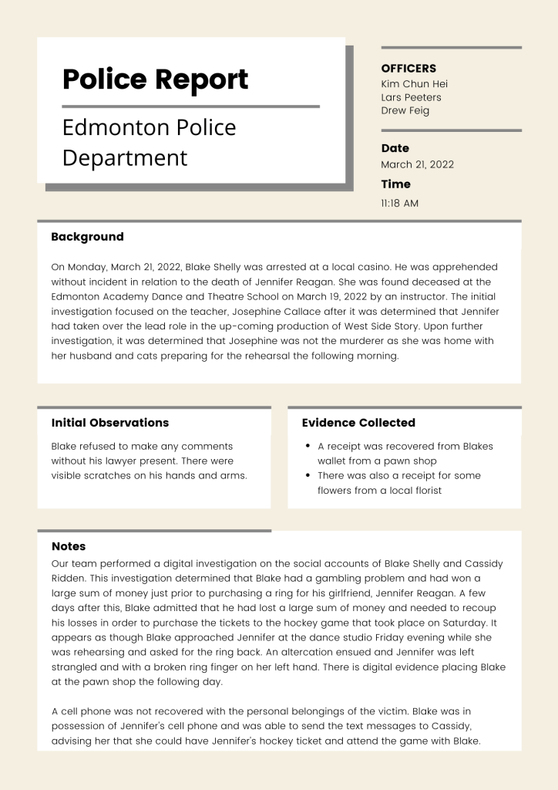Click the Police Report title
click(x=155, y=79)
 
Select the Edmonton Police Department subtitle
click(x=149, y=142)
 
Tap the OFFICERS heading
click(x=408, y=69)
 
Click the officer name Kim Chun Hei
click(x=414, y=83)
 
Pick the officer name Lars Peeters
click(x=411, y=97)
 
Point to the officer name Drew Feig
click(x=405, y=110)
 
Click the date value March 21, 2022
click(x=417, y=164)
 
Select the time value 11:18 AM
click(x=399, y=204)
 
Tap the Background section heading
click(x=87, y=237)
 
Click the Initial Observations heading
click(x=109, y=423)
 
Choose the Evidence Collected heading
click(x=358, y=423)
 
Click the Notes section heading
click(x=69, y=546)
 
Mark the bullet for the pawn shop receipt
click(x=308, y=446)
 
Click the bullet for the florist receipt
click(x=308, y=475)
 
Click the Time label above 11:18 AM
click(x=395, y=184)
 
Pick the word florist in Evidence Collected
click(x=423, y=490)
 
